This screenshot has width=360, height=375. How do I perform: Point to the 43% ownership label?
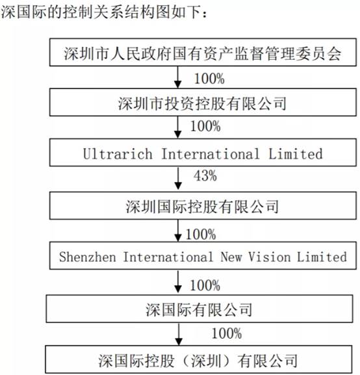205,176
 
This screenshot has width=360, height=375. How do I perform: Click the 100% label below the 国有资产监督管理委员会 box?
209,79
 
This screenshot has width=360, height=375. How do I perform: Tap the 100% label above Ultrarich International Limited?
205,126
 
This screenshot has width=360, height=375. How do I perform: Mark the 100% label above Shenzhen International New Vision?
201,235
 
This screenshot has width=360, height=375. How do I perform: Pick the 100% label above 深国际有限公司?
205,285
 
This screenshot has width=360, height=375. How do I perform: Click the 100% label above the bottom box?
227,333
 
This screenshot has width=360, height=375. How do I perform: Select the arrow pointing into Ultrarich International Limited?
177,127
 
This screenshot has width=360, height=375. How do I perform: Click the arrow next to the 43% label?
178,179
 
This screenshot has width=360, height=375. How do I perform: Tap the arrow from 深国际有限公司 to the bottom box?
179,334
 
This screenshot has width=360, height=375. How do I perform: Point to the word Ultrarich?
118,153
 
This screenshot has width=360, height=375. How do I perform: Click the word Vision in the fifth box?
269,257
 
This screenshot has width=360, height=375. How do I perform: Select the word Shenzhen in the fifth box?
88,257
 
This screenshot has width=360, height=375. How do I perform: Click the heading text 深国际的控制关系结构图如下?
101,12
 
